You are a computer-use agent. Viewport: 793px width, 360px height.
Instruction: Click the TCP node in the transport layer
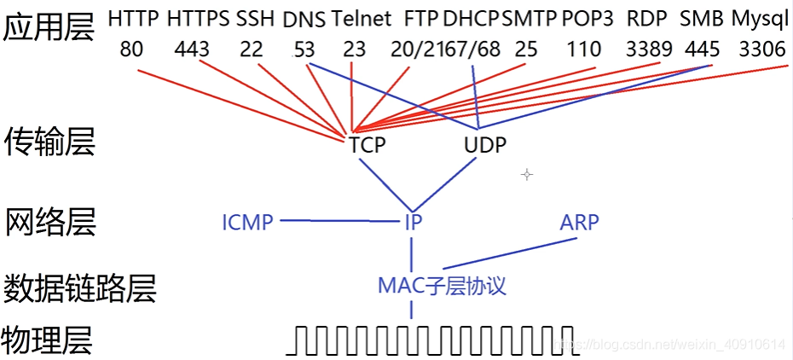click(x=368, y=146)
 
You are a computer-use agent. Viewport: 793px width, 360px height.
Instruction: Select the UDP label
click(x=485, y=146)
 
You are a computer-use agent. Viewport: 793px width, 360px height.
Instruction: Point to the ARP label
click(x=579, y=223)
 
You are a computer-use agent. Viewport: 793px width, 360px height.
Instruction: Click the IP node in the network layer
click(x=414, y=223)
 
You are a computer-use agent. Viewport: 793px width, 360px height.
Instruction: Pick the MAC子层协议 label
click(x=442, y=287)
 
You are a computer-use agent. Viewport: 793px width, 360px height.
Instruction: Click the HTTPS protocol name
click(x=198, y=20)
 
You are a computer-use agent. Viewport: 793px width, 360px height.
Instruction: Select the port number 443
click(x=192, y=49)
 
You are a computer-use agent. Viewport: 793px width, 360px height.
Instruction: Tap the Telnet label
click(x=362, y=20)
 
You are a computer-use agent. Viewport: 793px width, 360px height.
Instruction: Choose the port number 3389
click(x=649, y=49)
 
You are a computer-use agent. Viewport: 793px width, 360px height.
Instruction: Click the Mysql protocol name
click(x=760, y=20)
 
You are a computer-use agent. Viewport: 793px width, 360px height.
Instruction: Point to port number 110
click(x=584, y=49)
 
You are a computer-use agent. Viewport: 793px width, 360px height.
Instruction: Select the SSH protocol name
click(x=256, y=20)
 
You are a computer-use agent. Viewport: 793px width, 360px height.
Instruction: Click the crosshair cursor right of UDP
click(x=527, y=175)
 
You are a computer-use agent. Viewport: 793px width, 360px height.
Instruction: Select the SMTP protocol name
click(x=529, y=20)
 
